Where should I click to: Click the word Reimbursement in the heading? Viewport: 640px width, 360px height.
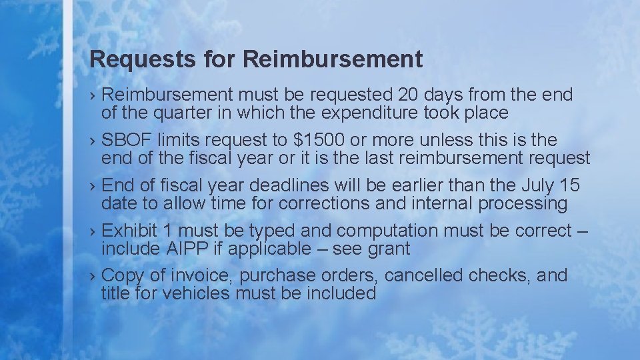point(333,60)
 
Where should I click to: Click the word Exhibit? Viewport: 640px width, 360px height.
point(129,231)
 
